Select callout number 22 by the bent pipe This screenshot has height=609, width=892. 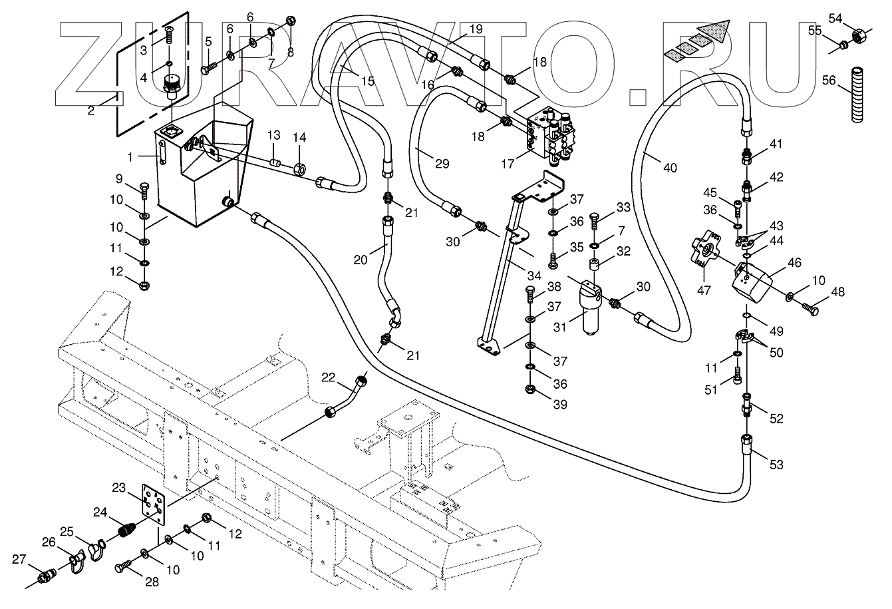coord(328,377)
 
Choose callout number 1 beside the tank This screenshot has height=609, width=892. coord(131,157)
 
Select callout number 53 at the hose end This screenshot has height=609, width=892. coord(776,464)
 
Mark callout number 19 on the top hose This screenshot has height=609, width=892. coord(475,29)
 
